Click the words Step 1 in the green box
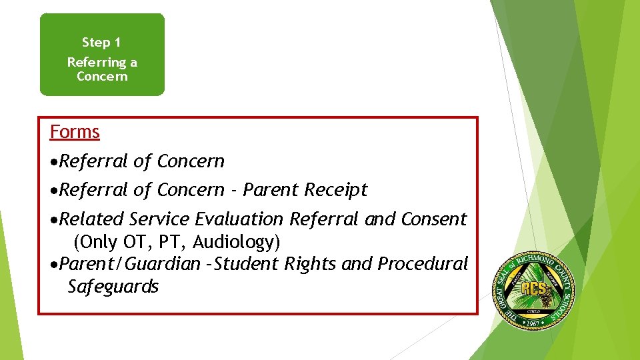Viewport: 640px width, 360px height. (101, 43)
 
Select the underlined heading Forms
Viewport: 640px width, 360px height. (75, 132)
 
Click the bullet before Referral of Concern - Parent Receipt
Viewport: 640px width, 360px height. (55, 191)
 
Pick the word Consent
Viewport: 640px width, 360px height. (434, 219)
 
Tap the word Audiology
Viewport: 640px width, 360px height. (231, 241)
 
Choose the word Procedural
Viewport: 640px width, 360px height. (423, 264)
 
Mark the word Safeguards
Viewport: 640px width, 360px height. (113, 287)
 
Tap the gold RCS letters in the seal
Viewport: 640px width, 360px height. (534, 289)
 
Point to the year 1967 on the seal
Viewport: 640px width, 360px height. (532, 323)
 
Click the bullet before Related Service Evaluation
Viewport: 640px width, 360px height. (55, 219)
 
